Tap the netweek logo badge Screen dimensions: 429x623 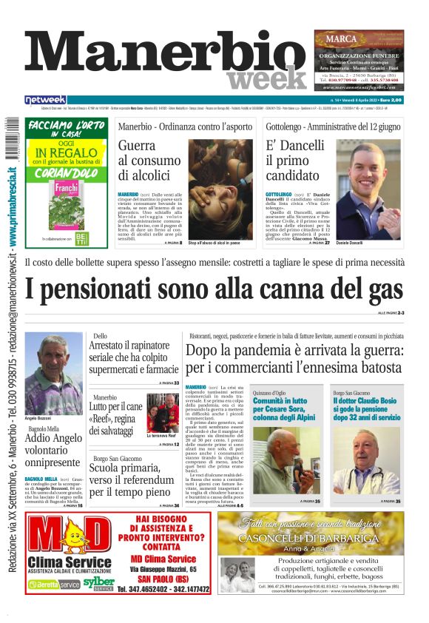pos(45,100)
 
